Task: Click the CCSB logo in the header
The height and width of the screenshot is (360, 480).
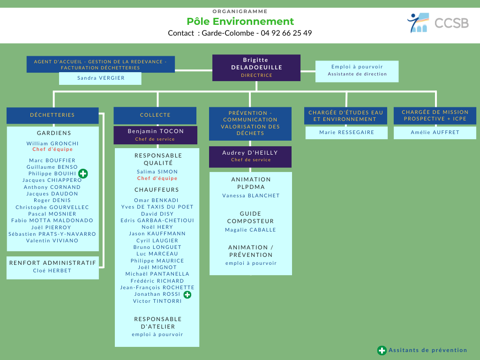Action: (437, 22)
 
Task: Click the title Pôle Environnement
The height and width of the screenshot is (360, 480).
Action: (240, 21)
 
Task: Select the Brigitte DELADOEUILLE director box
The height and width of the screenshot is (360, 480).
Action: (256, 67)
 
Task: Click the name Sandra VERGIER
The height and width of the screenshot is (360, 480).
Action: (101, 78)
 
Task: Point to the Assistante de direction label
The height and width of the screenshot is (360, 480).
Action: (357, 74)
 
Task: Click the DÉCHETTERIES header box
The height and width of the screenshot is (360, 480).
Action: (52, 115)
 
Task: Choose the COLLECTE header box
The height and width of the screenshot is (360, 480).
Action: (155, 115)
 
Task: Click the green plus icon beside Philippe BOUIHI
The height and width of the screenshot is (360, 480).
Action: (83, 173)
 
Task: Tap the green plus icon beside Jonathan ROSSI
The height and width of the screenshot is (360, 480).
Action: (187, 294)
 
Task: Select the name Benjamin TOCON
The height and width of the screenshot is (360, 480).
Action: (156, 131)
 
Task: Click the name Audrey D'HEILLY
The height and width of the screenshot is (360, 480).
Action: (251, 153)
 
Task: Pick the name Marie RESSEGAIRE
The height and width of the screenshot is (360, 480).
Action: (347, 132)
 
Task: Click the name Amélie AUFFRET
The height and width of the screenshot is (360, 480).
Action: (435, 132)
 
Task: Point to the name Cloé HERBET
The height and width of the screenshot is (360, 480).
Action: (52, 270)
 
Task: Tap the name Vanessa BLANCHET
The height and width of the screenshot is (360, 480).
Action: (251, 195)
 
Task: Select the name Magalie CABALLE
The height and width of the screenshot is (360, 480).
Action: (251, 230)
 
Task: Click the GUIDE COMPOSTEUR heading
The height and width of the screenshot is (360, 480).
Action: (251, 217)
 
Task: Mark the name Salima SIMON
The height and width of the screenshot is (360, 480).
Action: (157, 172)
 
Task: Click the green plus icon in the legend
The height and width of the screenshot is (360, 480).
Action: (382, 350)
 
